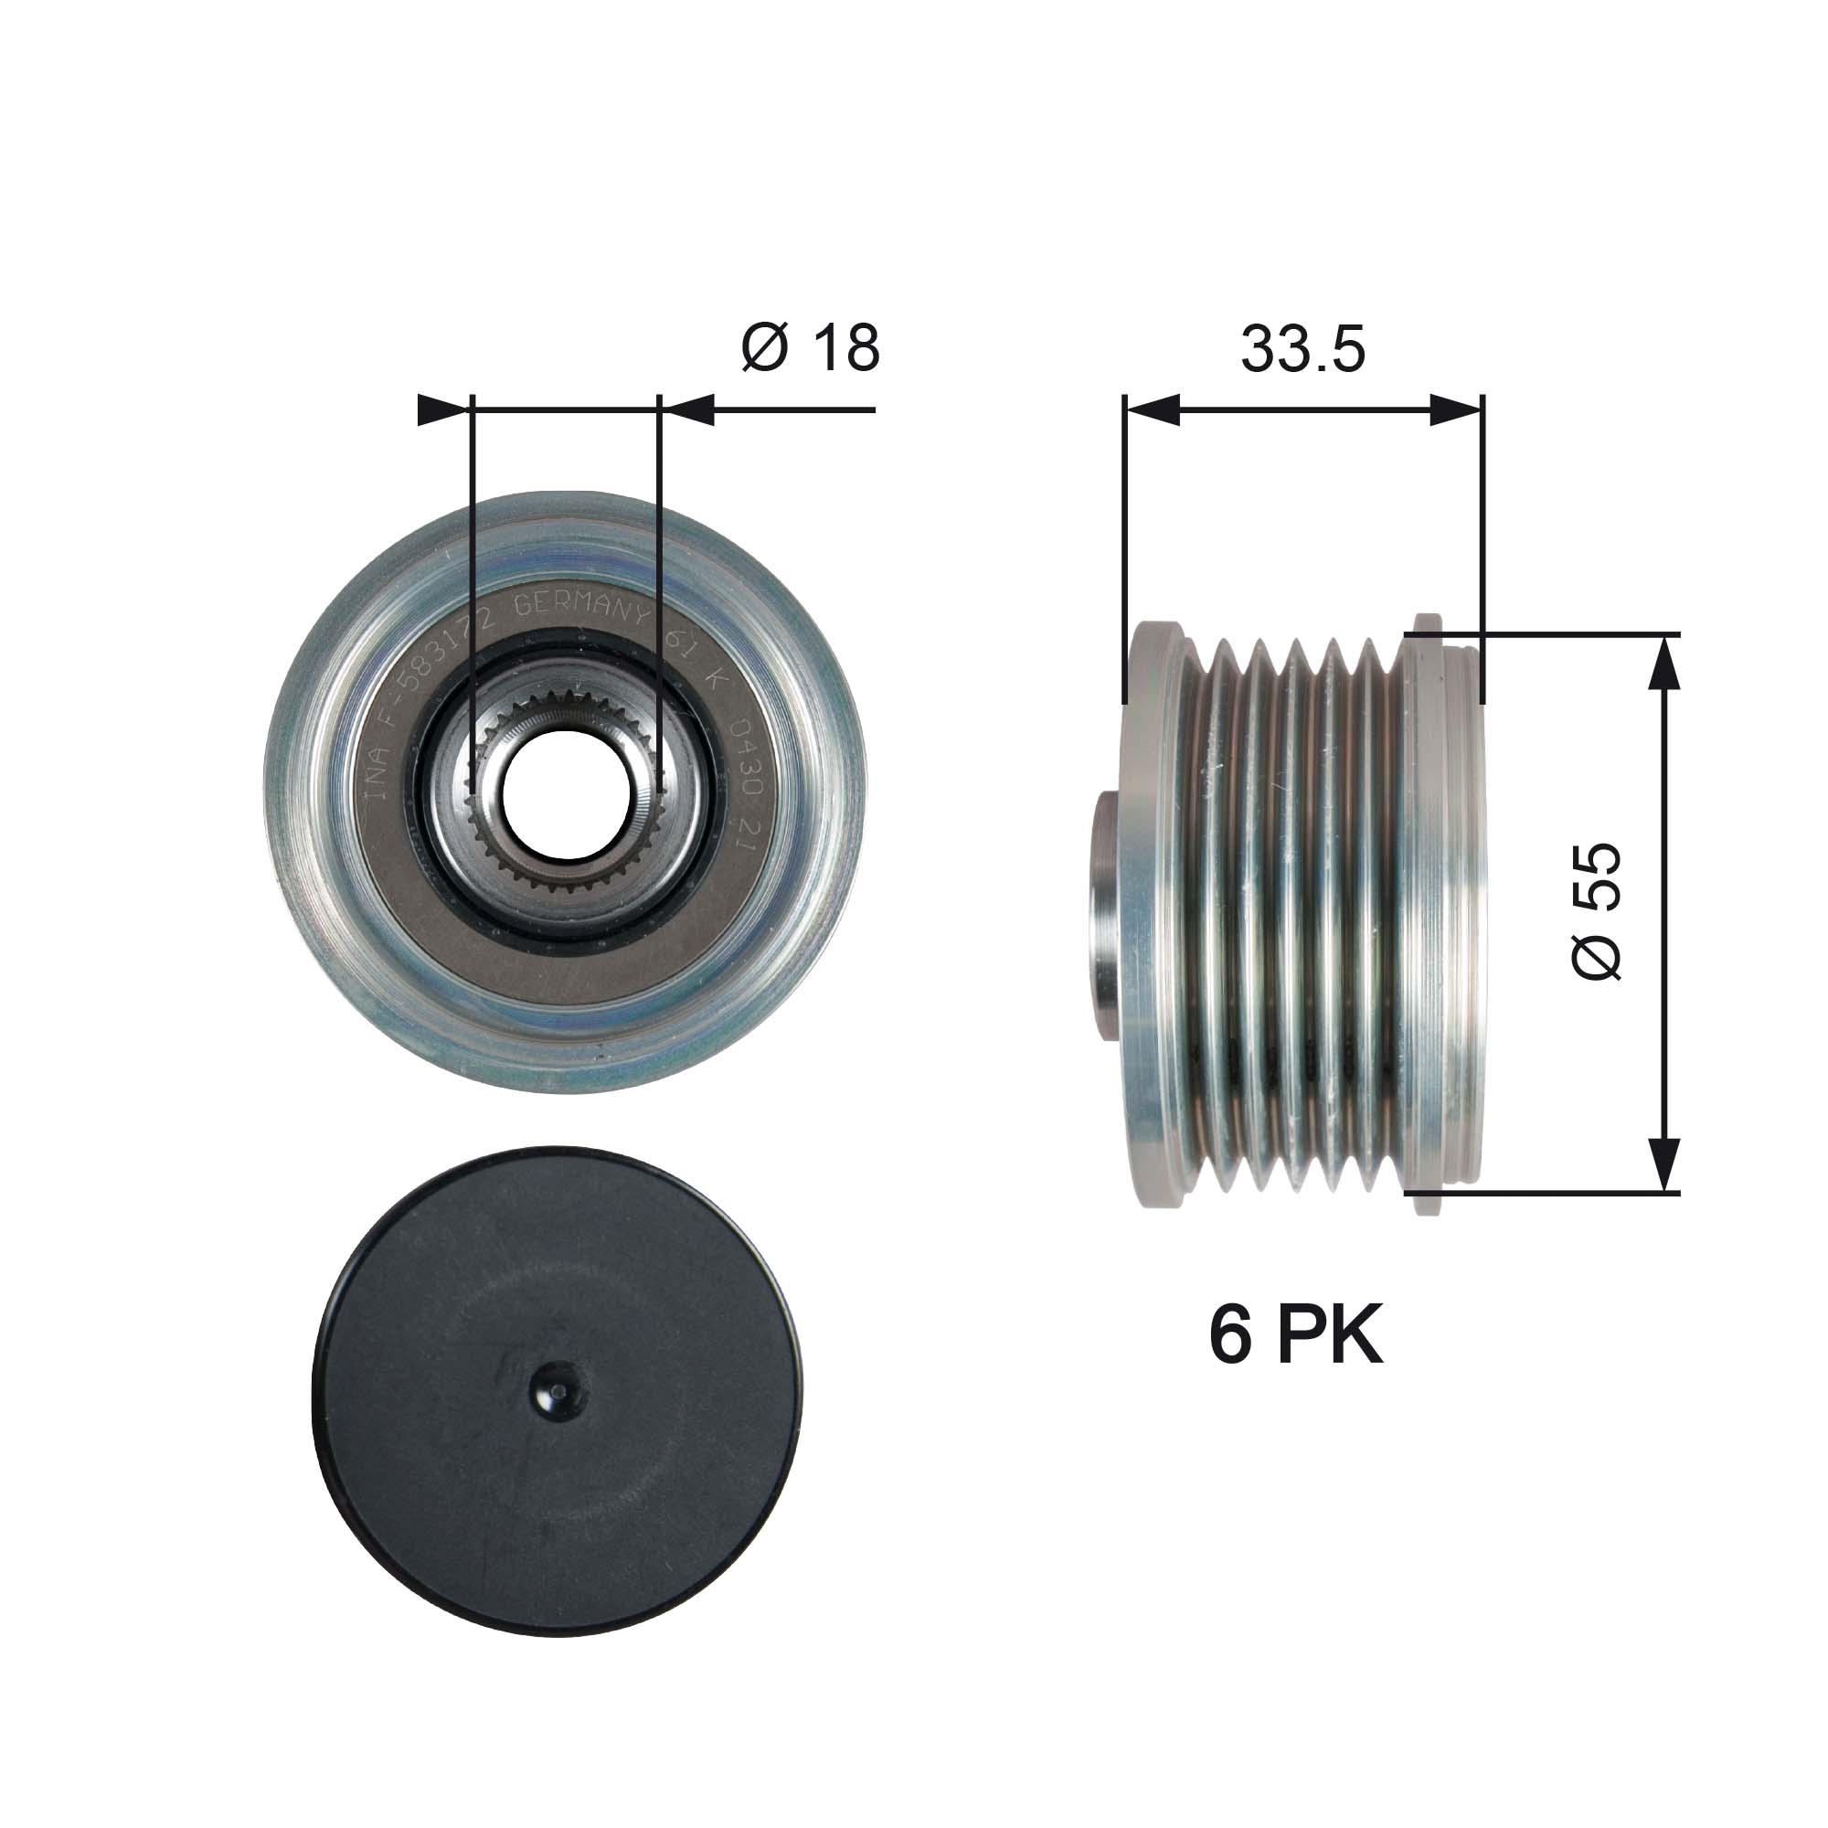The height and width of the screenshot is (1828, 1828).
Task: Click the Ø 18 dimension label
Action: coord(810,348)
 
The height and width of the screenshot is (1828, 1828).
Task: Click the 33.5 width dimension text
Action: coord(1302,348)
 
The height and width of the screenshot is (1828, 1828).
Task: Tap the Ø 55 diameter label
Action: coord(1597,911)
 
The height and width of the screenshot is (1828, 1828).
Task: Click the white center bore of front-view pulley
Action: coord(566,792)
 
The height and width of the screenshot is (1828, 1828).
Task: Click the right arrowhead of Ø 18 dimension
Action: coord(688,410)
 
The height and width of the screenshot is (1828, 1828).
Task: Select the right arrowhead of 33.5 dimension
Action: coord(1456,409)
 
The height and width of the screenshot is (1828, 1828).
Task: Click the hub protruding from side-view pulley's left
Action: coord(1106,913)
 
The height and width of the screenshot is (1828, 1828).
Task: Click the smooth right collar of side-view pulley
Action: coord(1443,913)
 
